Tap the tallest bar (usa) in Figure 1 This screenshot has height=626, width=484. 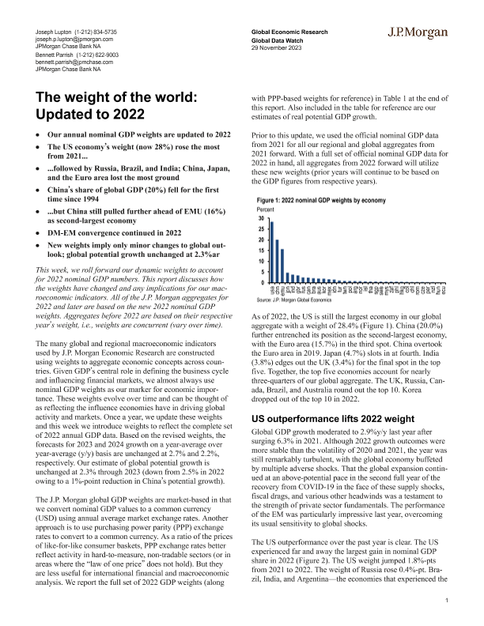(272, 252)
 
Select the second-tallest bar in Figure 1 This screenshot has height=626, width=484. (278, 261)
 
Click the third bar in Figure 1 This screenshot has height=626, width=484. (282, 266)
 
